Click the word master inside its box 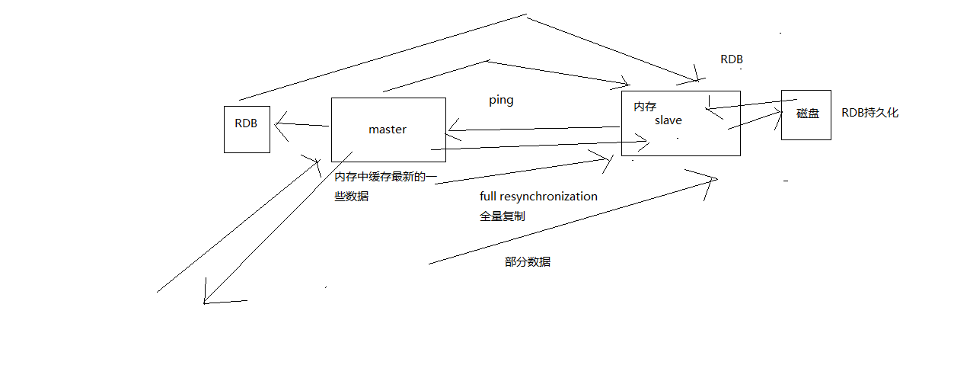[x=388, y=130]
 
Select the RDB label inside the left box [x=246, y=123]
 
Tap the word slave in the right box [x=668, y=120]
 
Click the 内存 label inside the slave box [x=645, y=107]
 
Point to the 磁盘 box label [x=807, y=114]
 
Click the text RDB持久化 [x=869, y=113]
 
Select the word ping [x=501, y=101]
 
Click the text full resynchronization [x=538, y=197]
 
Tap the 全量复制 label [x=502, y=216]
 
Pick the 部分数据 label [x=527, y=262]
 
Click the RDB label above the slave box [x=731, y=59]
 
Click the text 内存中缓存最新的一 [x=386, y=177]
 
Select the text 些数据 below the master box [x=351, y=196]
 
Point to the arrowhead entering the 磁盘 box [x=779, y=113]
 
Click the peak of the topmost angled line [x=525, y=14]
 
